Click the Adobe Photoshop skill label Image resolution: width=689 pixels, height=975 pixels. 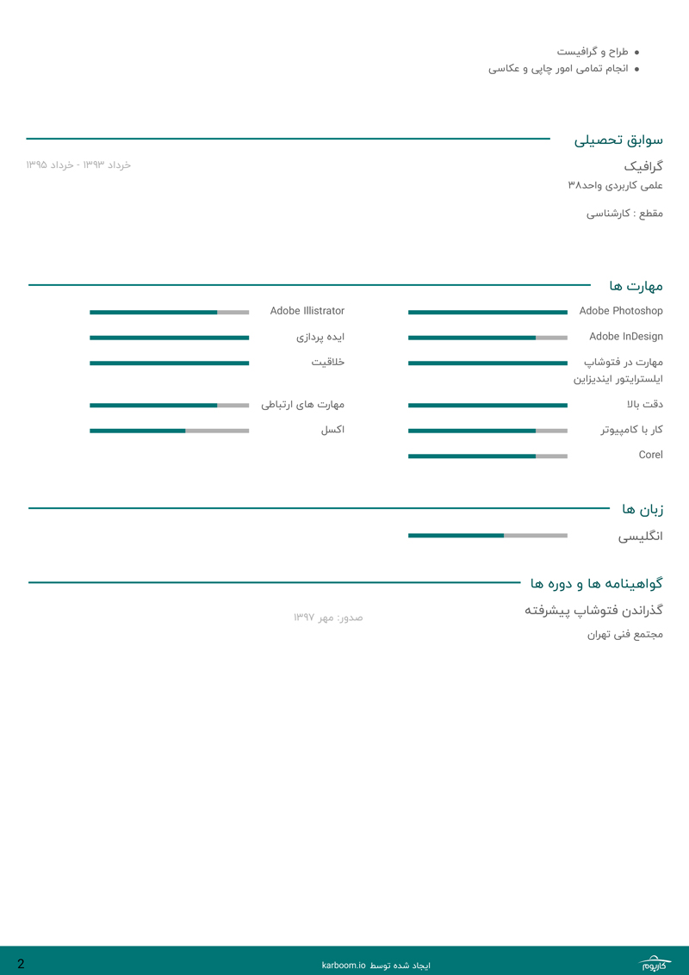[620, 311]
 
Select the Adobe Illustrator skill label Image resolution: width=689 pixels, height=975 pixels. [307, 311]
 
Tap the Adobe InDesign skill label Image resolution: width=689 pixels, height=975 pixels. [625, 337]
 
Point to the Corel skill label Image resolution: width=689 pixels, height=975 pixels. [650, 455]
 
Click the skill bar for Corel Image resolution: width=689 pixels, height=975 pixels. [487, 456]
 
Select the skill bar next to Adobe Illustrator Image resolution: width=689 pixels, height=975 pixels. [169, 313]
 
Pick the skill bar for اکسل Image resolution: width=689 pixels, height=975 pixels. [169, 431]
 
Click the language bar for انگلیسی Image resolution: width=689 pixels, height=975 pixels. [487, 536]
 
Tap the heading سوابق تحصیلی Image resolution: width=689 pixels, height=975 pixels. [618, 140]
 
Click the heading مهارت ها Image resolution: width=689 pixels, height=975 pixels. [636, 286]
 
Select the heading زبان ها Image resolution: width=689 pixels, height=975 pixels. [642, 509]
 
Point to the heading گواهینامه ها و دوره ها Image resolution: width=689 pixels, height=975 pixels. [596, 584]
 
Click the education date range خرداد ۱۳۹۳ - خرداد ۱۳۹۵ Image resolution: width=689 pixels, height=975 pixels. [78, 165]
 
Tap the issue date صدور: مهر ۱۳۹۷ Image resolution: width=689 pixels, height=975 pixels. [327, 618]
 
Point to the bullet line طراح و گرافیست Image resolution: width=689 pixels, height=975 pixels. [592, 52]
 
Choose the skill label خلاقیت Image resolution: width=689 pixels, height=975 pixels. [327, 362]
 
